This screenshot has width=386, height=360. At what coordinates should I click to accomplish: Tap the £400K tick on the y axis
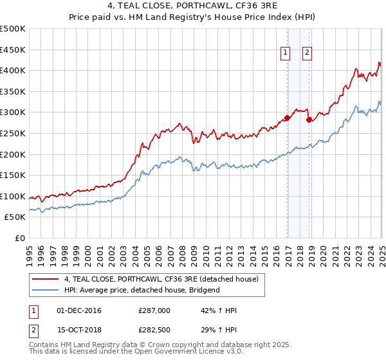click(14, 70)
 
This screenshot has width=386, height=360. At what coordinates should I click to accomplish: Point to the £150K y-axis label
click(14, 175)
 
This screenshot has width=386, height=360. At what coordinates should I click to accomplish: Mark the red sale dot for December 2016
click(288, 118)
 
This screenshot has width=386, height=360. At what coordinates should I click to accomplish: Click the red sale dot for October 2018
click(309, 120)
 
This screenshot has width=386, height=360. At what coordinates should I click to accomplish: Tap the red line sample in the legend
click(46, 279)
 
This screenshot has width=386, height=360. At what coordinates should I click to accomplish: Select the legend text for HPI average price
click(142, 290)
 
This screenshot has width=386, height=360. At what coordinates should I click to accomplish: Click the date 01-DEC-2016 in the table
click(79, 310)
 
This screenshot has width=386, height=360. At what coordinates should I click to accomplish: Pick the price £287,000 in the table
click(154, 310)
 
